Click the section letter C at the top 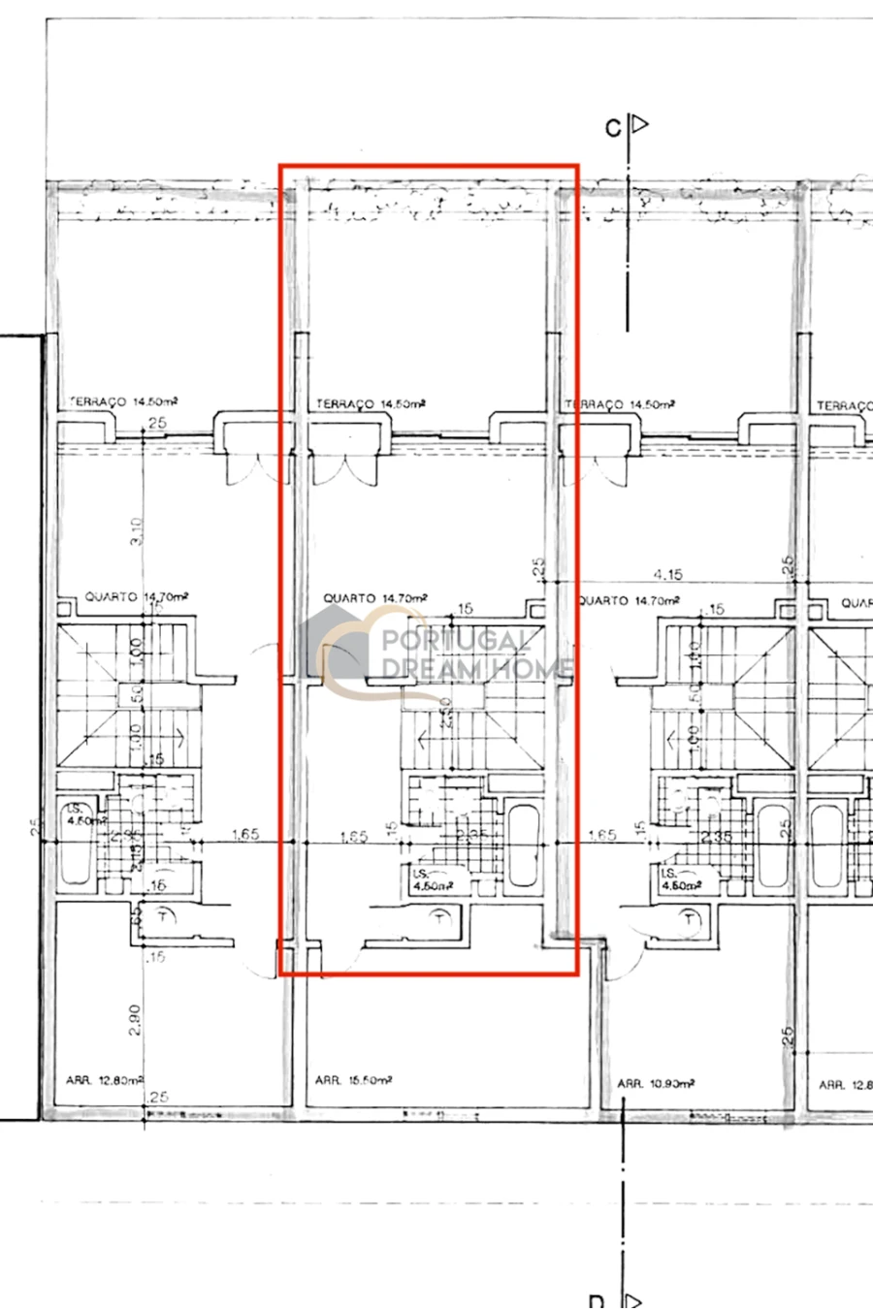tap(612, 128)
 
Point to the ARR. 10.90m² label tap(657, 1083)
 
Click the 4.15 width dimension tap(668, 575)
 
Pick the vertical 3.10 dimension tap(137, 530)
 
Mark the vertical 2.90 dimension tap(135, 1018)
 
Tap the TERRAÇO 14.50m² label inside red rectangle tap(371, 403)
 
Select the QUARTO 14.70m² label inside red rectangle tap(376, 598)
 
